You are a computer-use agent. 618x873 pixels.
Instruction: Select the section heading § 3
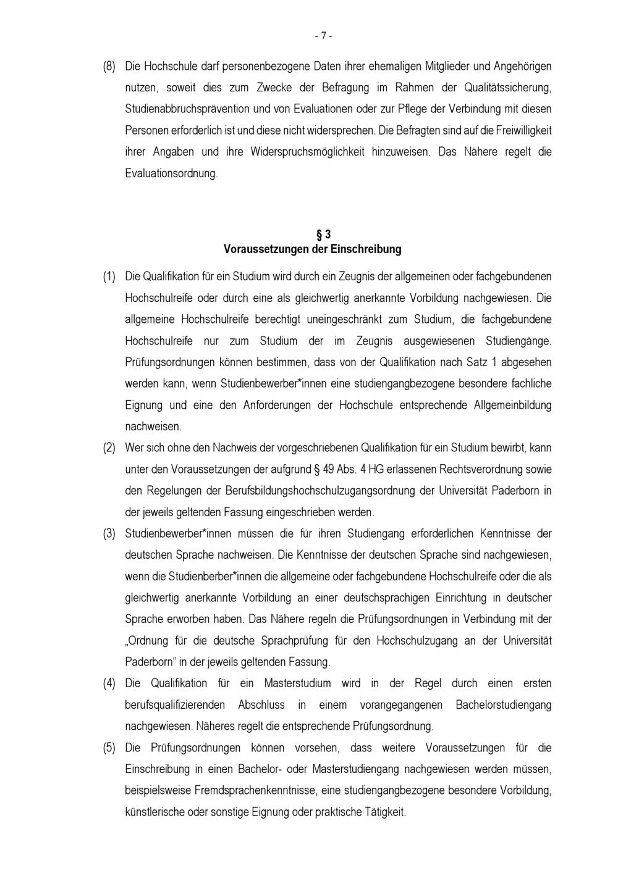pos(323,235)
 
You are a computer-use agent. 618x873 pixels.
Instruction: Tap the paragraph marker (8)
pos(109,66)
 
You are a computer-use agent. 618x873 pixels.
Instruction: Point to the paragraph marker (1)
pos(109,277)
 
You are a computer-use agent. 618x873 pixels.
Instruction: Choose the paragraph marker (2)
pos(109,448)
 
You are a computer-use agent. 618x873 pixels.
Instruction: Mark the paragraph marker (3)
pos(109,533)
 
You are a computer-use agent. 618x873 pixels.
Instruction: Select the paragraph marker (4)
pos(109,683)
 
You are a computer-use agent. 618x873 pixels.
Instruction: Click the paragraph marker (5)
pos(109,748)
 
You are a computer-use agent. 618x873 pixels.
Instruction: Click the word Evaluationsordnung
pos(171,173)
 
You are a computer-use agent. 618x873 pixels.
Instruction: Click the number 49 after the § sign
pos(328,469)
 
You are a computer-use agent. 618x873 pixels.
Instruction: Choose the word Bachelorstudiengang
pos(503,705)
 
